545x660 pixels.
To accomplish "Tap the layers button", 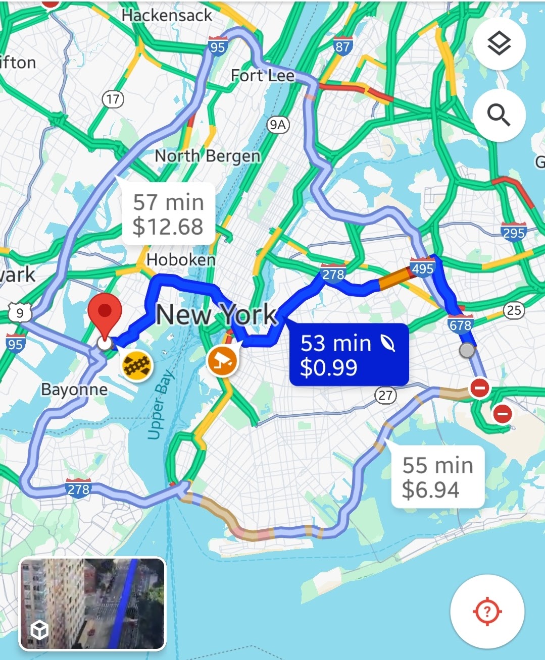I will pos(499,43).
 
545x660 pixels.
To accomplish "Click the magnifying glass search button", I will pos(499,116).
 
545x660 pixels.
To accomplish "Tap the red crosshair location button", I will pos(487,612).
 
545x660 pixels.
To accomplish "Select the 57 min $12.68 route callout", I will pos(168,214).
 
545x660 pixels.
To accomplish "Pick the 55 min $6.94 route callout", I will pos(437,477).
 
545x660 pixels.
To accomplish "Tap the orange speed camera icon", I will pos(222,360).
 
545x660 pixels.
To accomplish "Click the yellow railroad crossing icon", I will pos(137,365).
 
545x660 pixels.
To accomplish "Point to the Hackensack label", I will pos(167,15).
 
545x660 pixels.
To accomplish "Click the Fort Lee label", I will pos(262,76).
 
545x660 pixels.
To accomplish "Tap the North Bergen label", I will pos(207,156).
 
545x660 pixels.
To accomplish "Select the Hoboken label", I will pos(181,260).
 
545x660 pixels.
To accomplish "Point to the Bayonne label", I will pos(74,390).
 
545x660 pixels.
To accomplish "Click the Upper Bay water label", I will pos(161,405).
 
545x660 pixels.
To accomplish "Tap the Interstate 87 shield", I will pos(342,46).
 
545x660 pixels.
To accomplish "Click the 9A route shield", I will pos(277,124).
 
